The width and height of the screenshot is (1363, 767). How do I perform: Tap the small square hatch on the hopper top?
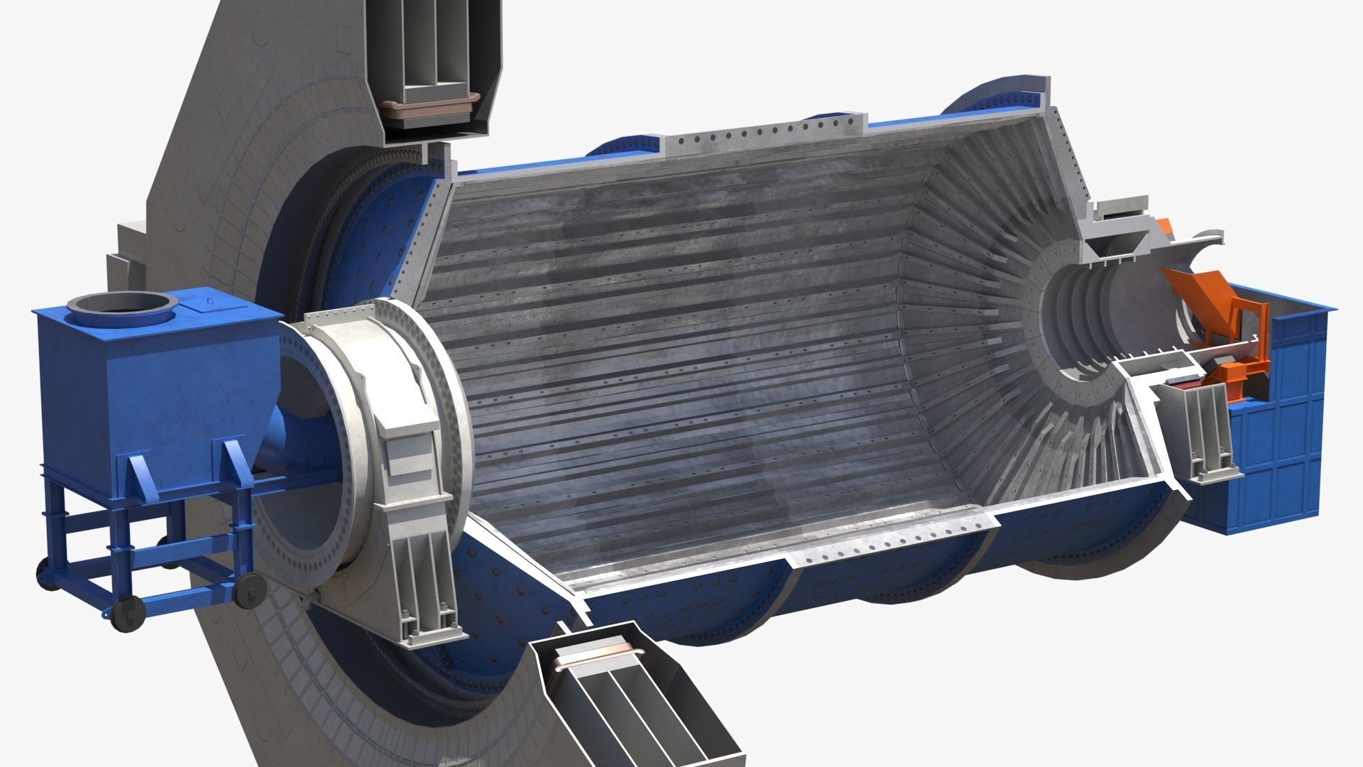[x=207, y=302]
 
